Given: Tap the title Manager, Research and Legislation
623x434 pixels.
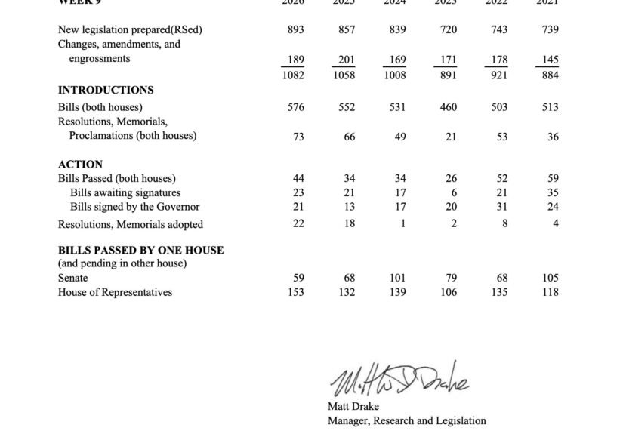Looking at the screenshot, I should pos(406,420).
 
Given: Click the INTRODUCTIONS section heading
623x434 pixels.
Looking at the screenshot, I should pos(106,90).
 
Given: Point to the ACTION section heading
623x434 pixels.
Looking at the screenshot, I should pos(80,164).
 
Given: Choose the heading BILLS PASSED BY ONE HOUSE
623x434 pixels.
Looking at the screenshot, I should pos(140,250).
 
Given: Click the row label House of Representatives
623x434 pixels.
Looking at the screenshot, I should pos(115,292).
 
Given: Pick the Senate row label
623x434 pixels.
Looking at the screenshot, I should pos(72,278).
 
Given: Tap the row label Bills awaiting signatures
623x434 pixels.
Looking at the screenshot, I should pos(125,192).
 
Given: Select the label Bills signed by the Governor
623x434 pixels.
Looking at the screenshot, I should pos(134,207).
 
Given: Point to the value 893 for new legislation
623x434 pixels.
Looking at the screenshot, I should pos(296,29).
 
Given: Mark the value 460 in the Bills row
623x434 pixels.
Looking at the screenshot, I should pos(449,107).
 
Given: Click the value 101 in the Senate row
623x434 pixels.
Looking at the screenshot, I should pos(397,278).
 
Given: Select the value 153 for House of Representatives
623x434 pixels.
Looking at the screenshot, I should pos(295,292).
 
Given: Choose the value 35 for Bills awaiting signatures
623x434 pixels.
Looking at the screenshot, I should pos(552,192).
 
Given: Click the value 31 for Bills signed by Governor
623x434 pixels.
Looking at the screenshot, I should pos(501,207).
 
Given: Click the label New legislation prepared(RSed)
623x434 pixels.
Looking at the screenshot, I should pos(130,29).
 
